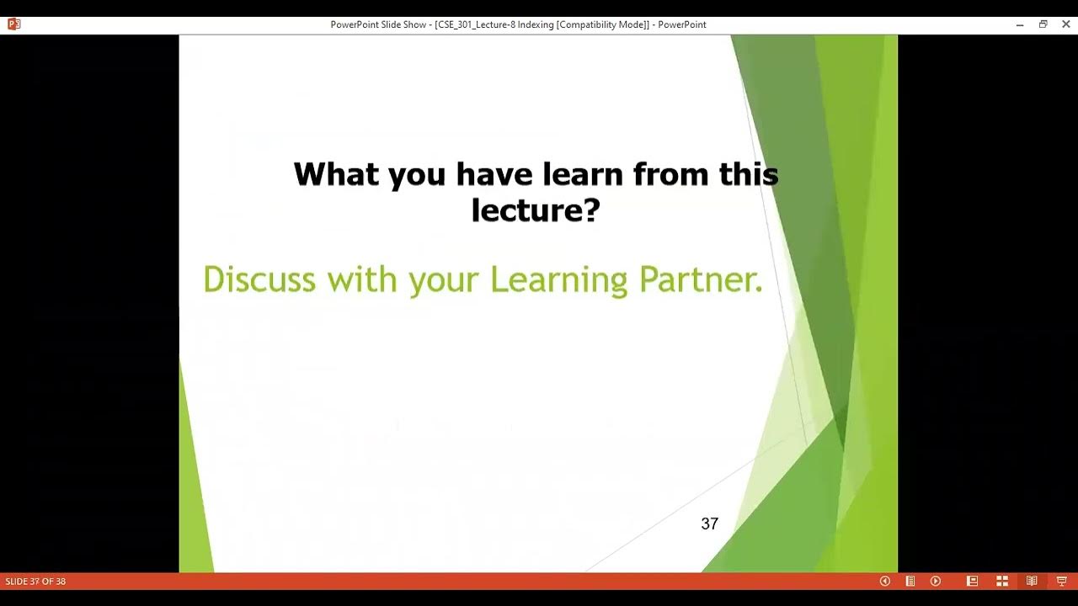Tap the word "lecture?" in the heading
tap(535, 210)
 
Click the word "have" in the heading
tap(495, 174)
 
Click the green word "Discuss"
tap(259, 279)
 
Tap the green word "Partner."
tap(701, 279)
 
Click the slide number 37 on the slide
tap(709, 524)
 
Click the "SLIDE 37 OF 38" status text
tap(35, 582)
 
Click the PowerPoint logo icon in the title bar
tap(13, 24)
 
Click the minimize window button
tap(1020, 24)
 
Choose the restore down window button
tap(1043, 24)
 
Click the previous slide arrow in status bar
tap(884, 581)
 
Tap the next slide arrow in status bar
tap(935, 581)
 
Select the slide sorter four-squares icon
tap(1002, 581)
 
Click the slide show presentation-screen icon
tap(1061, 581)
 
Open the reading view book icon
tap(1032, 581)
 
